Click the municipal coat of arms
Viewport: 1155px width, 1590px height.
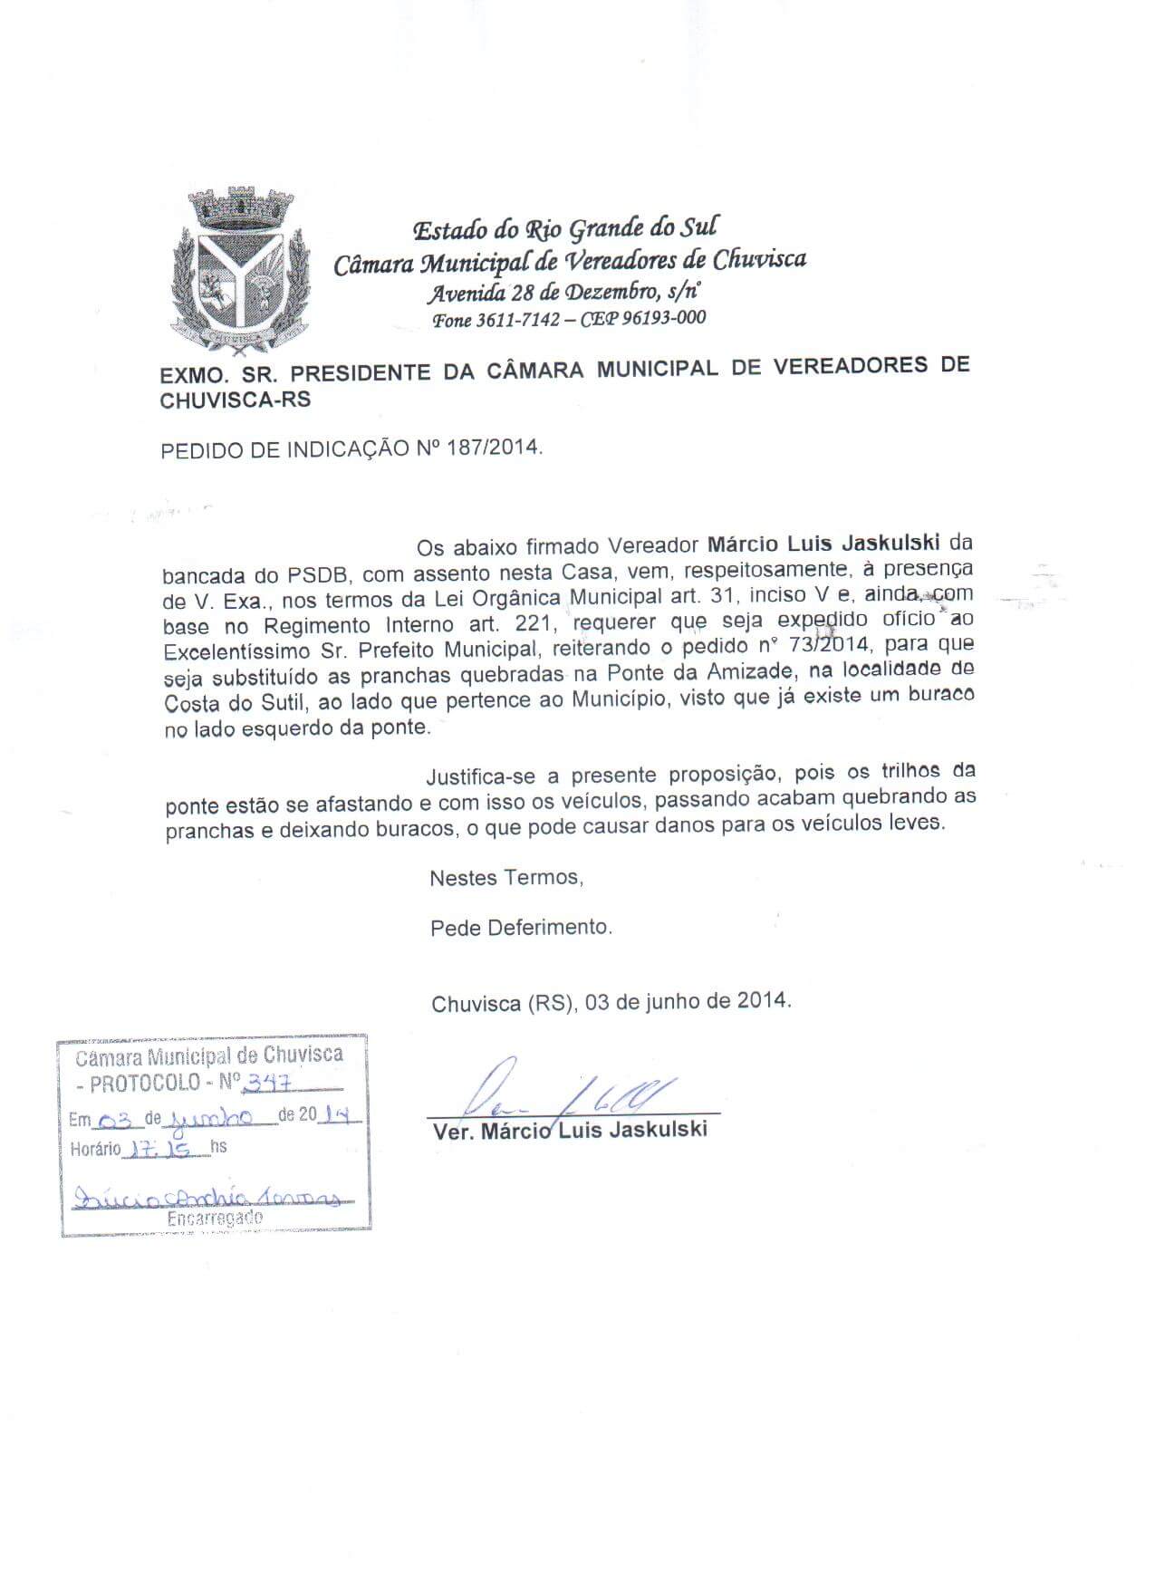239,273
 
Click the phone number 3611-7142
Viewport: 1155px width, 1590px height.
518,319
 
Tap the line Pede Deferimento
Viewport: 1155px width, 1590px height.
521,928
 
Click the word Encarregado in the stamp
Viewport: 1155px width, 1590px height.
215,1219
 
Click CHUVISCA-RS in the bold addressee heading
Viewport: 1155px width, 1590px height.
235,399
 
